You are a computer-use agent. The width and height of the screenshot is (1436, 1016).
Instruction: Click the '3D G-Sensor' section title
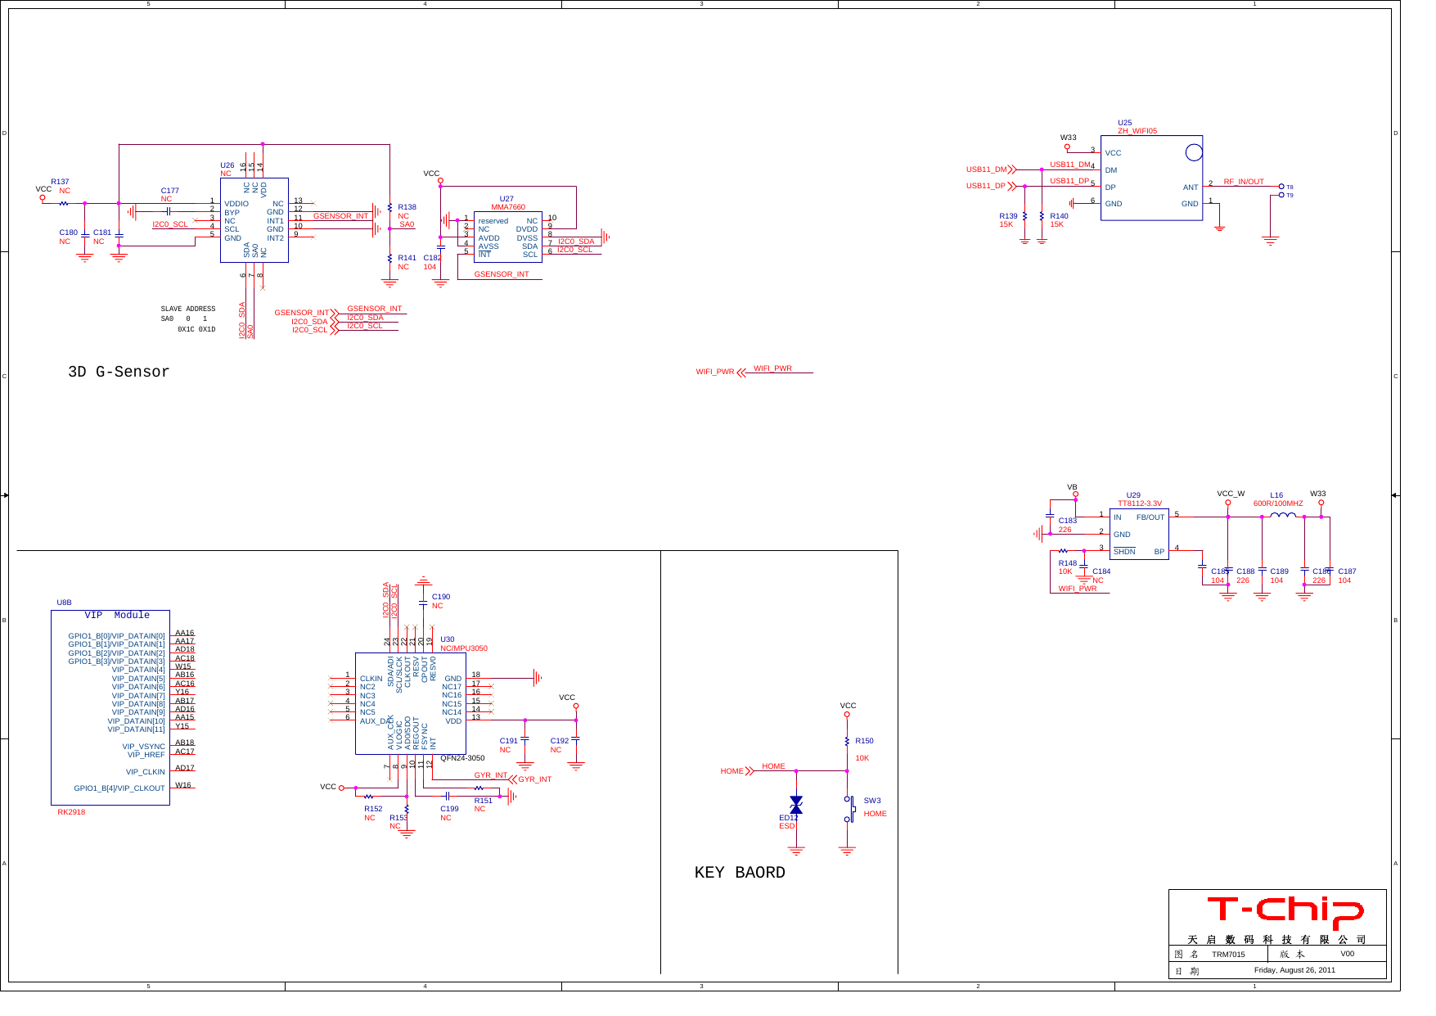pyautogui.click(x=119, y=372)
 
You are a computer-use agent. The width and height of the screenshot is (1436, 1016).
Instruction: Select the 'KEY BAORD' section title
pyautogui.click(x=739, y=873)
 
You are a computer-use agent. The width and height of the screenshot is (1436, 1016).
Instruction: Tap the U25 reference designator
pyautogui.click(x=1124, y=123)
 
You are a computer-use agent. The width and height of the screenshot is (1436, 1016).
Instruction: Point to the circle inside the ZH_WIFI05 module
pyautogui.click(x=1194, y=152)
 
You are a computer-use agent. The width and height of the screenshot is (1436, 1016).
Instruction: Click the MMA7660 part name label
pyautogui.click(x=507, y=207)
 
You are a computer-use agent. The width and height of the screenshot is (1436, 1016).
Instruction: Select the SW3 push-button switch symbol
pyautogui.click(x=850, y=809)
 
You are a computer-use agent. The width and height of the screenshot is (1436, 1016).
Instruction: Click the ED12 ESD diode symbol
pyautogui.click(x=795, y=806)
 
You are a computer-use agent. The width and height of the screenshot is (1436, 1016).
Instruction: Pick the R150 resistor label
pyautogui.click(x=864, y=741)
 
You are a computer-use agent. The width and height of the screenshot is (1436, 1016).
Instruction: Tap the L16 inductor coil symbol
pyautogui.click(x=1282, y=515)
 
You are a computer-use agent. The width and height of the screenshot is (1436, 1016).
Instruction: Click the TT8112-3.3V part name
pyautogui.click(x=1139, y=503)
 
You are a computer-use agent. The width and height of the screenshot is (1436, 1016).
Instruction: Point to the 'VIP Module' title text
pyautogui.click(x=117, y=615)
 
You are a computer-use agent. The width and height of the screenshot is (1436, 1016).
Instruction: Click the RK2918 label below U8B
pyautogui.click(x=71, y=812)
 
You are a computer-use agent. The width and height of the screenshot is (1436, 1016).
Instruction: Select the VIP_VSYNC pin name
pyautogui.click(x=143, y=747)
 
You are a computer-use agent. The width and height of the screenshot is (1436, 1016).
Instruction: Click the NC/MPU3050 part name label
pyautogui.click(x=463, y=648)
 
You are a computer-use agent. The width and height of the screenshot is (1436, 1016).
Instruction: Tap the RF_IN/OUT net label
pyautogui.click(x=1243, y=182)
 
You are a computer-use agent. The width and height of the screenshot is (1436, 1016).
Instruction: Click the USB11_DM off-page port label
pyautogui.click(x=986, y=169)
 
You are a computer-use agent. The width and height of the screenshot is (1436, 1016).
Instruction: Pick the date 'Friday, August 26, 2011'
pyautogui.click(x=1294, y=970)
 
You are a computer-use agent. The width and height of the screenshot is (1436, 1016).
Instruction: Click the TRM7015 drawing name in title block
pyautogui.click(x=1227, y=954)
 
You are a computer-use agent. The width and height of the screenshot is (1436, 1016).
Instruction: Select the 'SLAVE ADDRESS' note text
pyautogui.click(x=187, y=309)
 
